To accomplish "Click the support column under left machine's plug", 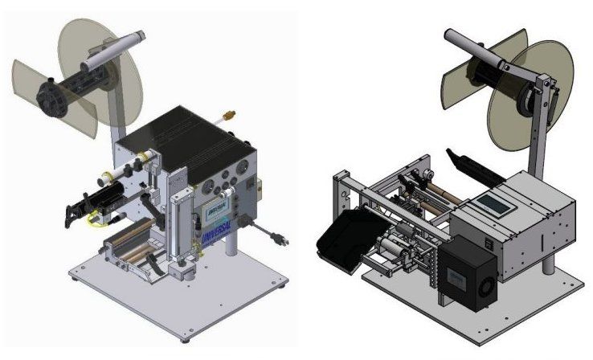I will (x=233, y=241).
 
